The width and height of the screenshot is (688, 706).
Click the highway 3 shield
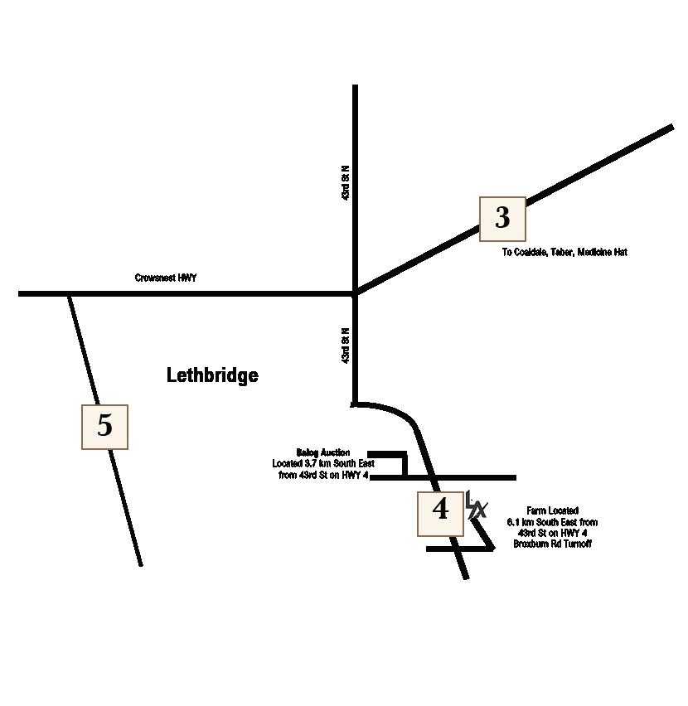coord(502,218)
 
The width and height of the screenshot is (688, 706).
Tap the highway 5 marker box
coord(104,426)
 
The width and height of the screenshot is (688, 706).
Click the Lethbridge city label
coord(212,375)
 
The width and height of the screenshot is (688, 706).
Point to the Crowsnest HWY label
coord(166,278)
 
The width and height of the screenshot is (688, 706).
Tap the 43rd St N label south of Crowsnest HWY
coord(346,345)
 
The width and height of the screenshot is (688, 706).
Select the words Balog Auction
coord(323,452)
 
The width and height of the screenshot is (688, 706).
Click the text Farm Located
coord(553,511)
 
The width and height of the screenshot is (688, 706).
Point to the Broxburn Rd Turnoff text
coord(553,544)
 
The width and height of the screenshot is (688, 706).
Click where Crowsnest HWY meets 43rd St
coord(356,293)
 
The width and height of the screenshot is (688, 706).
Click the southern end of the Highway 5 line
coord(141,563)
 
